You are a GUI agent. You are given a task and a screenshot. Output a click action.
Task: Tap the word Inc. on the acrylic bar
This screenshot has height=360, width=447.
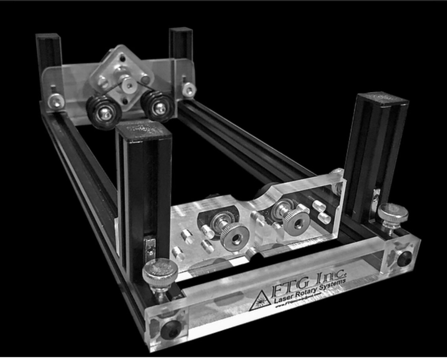(x=328, y=275)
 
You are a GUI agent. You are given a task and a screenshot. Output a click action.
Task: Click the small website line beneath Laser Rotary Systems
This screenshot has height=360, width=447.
(x=300, y=303)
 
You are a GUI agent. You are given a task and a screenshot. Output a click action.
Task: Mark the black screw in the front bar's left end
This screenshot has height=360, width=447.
(x=171, y=330)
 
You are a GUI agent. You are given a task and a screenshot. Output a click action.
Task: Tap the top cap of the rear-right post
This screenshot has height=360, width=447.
(x=181, y=30)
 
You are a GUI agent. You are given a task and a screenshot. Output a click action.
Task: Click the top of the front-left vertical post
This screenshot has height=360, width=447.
(x=144, y=130)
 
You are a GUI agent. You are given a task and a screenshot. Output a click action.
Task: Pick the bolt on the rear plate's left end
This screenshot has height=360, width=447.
(x=56, y=101)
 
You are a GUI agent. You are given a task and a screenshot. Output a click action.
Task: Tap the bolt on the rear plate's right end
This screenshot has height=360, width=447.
(x=189, y=90)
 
